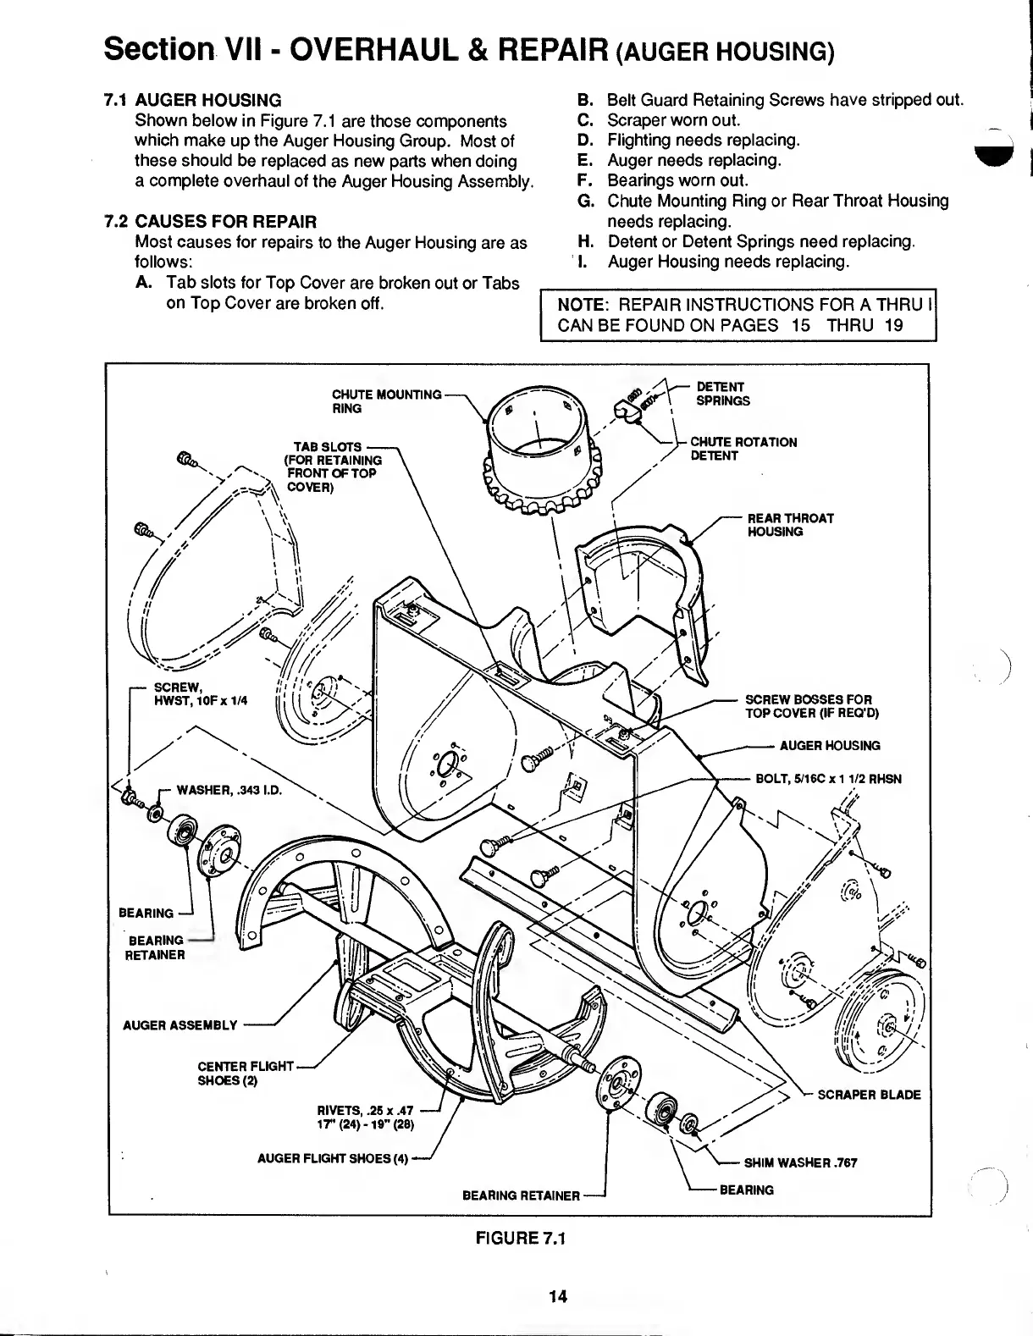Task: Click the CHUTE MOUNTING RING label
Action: pyautogui.click(x=386, y=400)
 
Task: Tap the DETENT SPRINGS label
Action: pyautogui.click(x=722, y=394)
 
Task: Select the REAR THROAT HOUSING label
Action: pyautogui.click(x=790, y=525)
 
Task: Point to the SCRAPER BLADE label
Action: pyautogui.click(x=869, y=1095)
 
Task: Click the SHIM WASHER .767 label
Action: pyautogui.click(x=800, y=1162)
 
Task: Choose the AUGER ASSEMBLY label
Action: pyautogui.click(x=180, y=1025)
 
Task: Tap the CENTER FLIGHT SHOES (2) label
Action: pyautogui.click(x=246, y=1073)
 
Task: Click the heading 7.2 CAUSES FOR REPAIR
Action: pyautogui.click(x=209, y=223)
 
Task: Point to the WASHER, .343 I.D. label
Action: pyautogui.click(x=228, y=791)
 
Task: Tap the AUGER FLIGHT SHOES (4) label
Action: pyautogui.click(x=333, y=1160)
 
